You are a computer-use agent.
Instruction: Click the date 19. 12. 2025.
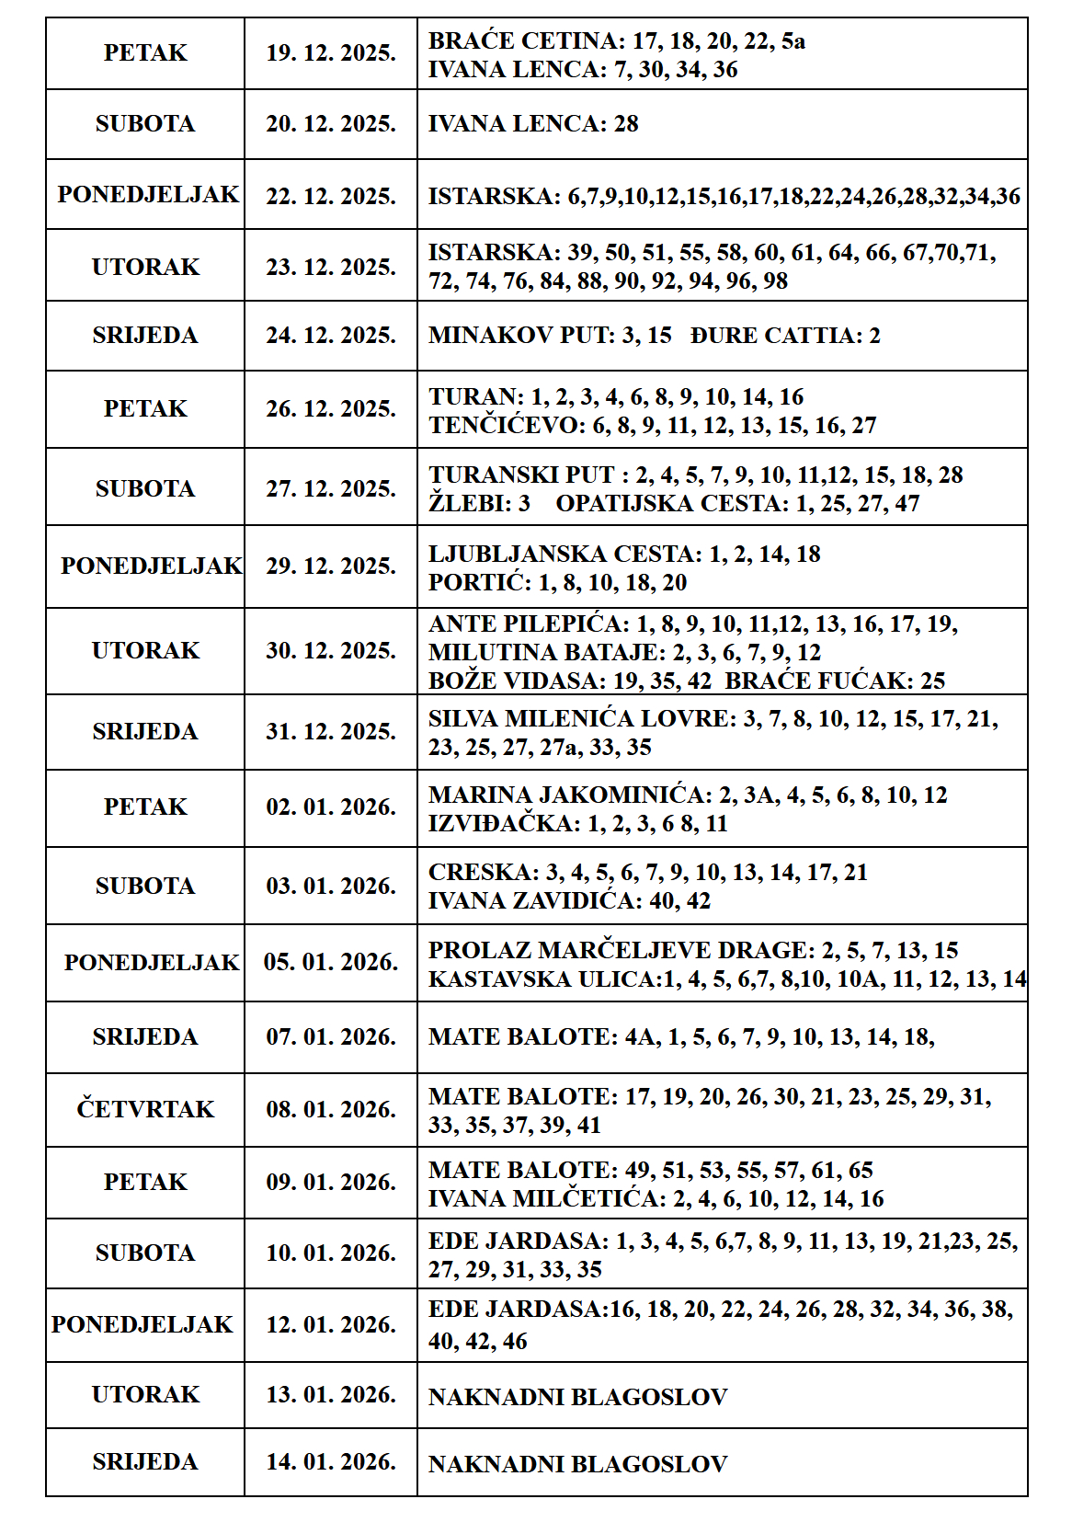point(331,53)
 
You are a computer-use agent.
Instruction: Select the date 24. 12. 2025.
point(331,336)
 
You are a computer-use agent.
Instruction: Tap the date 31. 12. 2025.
point(331,732)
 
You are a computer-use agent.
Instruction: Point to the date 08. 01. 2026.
point(331,1110)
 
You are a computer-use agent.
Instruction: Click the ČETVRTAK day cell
point(145,1110)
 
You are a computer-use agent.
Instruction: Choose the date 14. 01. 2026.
point(331,1462)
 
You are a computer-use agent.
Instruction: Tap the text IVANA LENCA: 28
point(533,124)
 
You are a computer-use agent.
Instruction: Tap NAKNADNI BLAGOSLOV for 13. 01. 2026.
point(577,1398)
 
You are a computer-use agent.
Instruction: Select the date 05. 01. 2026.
point(331,963)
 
